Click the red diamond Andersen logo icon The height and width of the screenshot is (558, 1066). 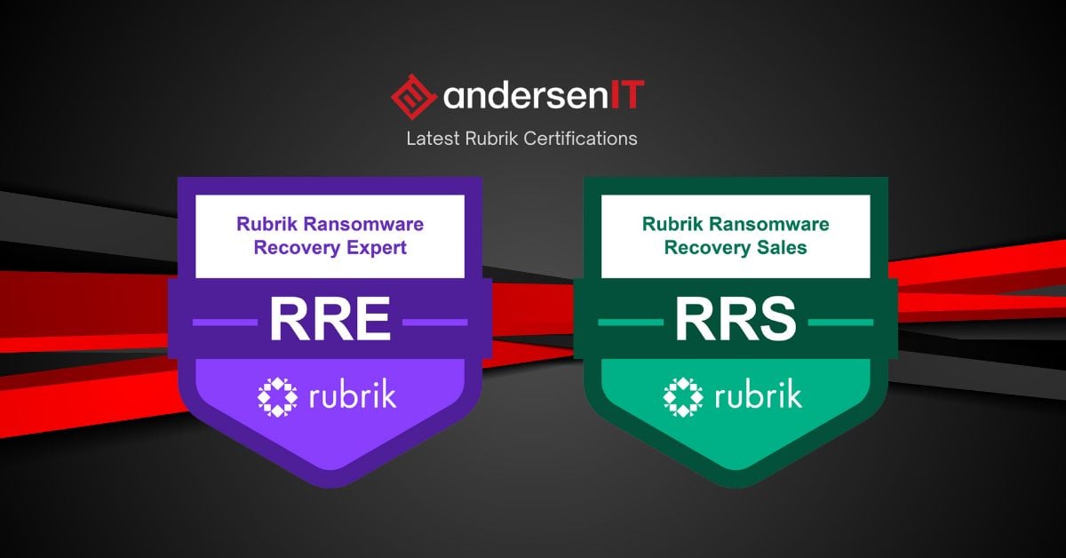[x=413, y=97]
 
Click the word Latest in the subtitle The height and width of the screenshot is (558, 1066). [x=434, y=139]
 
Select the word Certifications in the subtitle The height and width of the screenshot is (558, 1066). [x=580, y=139]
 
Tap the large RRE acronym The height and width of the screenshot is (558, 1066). [x=330, y=319]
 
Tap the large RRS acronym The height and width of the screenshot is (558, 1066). [x=736, y=319]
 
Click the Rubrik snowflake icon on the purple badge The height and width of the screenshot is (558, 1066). [x=277, y=397]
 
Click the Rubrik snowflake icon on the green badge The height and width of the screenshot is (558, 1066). [x=683, y=397]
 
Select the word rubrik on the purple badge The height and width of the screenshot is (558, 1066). [x=353, y=395]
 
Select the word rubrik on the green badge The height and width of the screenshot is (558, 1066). [x=758, y=395]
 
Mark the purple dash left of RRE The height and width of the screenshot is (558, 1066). [x=225, y=323]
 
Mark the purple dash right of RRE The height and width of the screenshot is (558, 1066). [x=435, y=323]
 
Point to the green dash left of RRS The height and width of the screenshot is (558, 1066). [x=631, y=323]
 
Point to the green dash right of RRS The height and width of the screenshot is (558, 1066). [x=841, y=323]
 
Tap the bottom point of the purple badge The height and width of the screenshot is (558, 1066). [x=331, y=488]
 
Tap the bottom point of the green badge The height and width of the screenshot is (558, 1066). [x=736, y=488]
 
